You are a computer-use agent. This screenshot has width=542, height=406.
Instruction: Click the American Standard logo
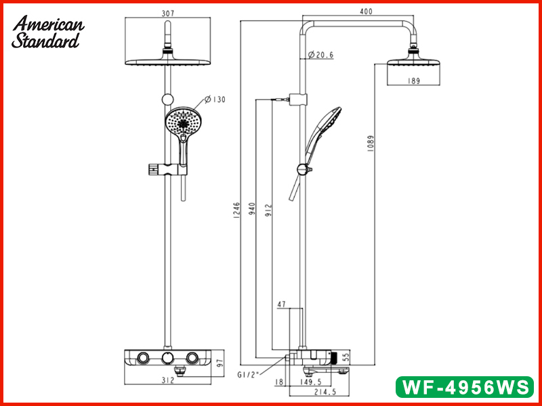[47, 32]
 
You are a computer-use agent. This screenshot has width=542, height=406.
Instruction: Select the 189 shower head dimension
[414, 81]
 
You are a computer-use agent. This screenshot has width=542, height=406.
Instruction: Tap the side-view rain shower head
[414, 63]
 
